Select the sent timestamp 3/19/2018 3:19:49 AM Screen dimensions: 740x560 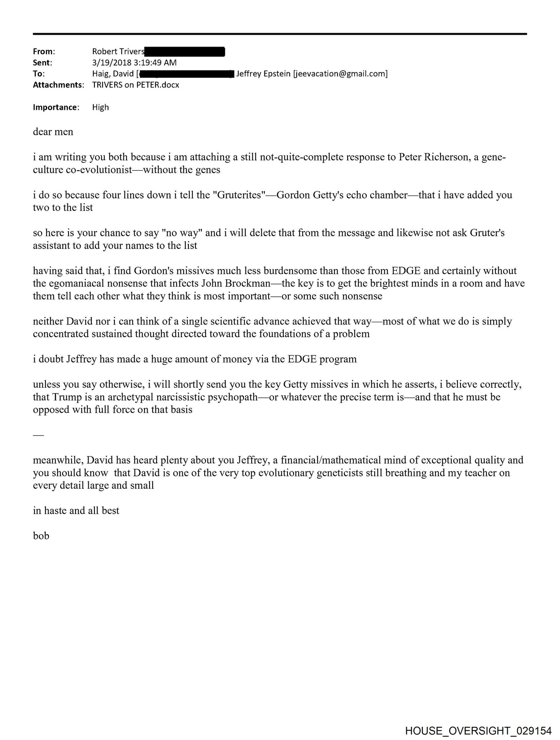click(134, 62)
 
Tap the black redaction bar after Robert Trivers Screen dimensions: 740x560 click(185, 51)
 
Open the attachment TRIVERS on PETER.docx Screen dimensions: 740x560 click(136, 85)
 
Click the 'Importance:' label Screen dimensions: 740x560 click(56, 107)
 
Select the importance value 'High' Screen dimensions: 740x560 click(100, 107)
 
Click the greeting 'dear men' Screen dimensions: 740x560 click(53, 132)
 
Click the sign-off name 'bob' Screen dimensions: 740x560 click(41, 536)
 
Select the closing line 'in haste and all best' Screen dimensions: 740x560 click(76, 511)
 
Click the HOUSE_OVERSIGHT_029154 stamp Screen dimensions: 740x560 click(478, 730)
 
